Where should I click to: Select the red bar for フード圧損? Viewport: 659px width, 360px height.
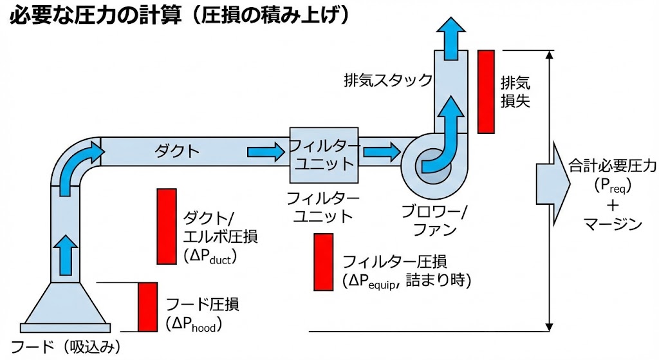(x=147, y=307)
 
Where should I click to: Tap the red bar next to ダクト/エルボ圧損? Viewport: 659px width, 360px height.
(x=167, y=226)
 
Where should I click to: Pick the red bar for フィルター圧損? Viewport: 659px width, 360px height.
(x=323, y=262)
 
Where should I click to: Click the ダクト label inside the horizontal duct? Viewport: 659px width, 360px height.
(x=174, y=151)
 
